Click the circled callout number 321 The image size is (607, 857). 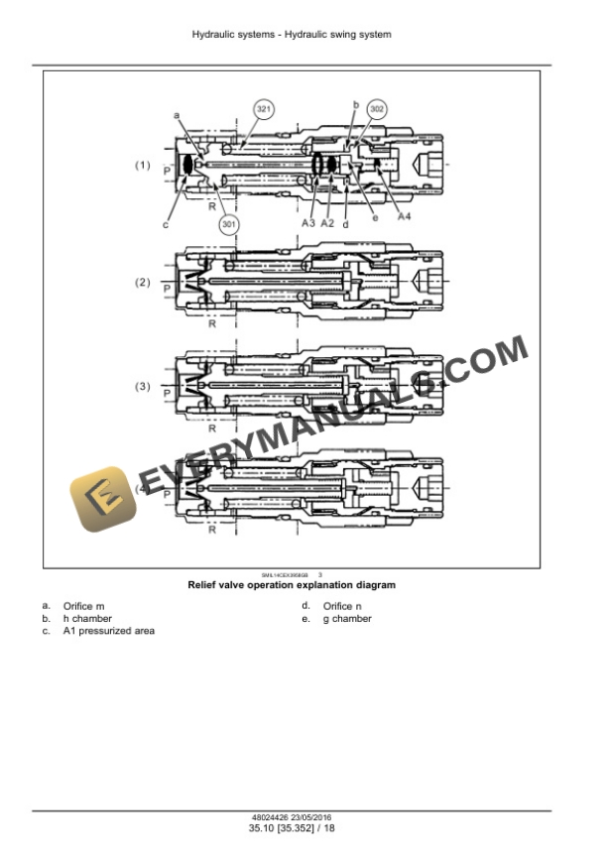263,108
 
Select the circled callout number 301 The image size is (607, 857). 229,224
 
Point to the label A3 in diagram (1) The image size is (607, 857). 308,224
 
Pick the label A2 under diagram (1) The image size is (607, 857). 327,224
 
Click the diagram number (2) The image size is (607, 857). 143,282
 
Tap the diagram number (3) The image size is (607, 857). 143,386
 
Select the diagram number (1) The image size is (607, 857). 143,165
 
